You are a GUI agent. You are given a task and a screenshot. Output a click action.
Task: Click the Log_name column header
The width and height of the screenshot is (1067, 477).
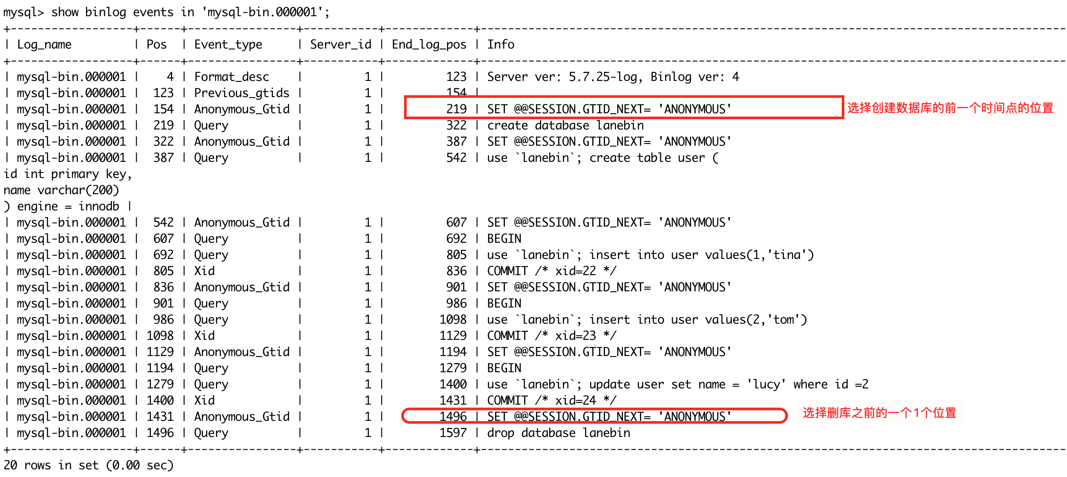click(44, 45)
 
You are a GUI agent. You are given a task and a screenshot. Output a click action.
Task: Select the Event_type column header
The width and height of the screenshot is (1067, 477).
click(228, 45)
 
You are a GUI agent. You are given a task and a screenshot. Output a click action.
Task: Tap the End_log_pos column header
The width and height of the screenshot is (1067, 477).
click(429, 45)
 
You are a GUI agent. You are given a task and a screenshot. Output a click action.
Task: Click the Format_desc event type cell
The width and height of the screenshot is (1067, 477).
click(232, 77)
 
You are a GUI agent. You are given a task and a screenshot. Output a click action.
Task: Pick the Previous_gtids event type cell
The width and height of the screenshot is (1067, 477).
click(241, 93)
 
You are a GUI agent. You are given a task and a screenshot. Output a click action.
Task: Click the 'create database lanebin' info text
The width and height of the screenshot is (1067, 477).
click(565, 126)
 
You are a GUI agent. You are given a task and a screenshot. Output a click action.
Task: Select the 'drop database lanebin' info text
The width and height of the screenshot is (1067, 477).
click(559, 433)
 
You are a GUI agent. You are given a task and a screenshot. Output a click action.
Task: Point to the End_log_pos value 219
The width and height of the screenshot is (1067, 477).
click(456, 109)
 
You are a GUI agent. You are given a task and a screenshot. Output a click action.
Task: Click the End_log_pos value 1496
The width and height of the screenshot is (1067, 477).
click(453, 417)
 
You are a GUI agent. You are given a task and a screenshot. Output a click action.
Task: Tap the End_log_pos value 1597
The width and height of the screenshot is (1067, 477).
click(453, 433)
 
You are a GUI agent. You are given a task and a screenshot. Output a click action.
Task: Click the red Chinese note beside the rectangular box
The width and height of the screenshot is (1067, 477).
click(950, 108)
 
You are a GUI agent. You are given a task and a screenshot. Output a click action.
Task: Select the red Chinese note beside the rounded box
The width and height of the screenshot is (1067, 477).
click(879, 413)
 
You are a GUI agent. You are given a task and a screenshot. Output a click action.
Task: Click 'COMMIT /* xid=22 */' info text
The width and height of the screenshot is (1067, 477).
click(552, 271)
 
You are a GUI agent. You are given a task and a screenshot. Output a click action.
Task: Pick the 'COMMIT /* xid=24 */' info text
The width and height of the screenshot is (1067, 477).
click(552, 401)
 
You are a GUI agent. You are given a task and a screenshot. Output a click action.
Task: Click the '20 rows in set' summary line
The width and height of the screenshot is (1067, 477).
click(89, 466)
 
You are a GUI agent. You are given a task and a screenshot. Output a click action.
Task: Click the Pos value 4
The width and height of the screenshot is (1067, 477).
click(170, 77)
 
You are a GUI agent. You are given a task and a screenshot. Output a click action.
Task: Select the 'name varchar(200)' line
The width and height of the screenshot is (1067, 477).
click(61, 190)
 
